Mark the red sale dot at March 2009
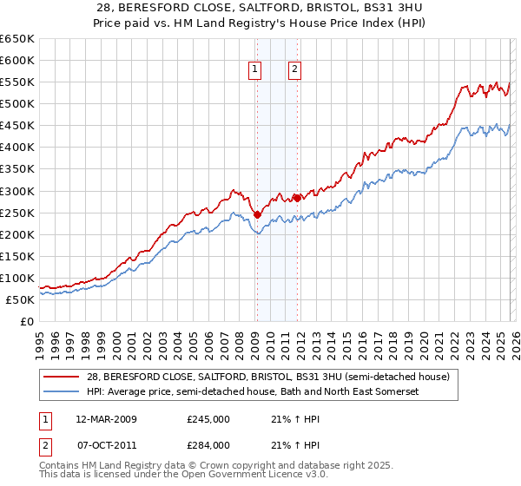pos(256,214)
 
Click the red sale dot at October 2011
pos(296,198)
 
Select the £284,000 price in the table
pos(208,445)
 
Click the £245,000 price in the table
pos(208,419)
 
